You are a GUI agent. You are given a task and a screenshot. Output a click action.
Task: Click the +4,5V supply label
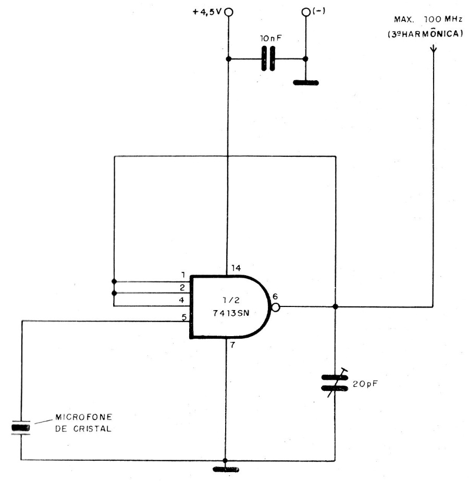coord(207,12)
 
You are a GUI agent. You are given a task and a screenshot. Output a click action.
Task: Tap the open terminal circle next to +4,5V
coord(229,12)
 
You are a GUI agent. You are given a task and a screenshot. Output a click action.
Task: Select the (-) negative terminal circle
coord(306,12)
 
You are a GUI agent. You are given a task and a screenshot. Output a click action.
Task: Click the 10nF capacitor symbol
coord(268,58)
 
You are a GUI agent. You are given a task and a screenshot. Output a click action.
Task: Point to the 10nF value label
coord(270,39)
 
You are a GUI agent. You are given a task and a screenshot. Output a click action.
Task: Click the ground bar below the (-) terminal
coord(306,82)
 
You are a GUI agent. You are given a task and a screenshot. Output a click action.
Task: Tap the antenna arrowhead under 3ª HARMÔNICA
coord(433,49)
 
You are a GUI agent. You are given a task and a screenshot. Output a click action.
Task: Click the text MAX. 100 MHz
coord(428,19)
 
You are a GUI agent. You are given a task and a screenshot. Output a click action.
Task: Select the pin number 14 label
coord(236,268)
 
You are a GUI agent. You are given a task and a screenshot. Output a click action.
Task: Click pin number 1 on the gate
coord(183,275)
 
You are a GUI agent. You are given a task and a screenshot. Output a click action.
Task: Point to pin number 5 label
coord(184,317)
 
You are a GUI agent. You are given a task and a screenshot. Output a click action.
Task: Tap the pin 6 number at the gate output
coord(275,297)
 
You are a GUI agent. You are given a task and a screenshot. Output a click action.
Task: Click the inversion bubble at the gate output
coord(276,307)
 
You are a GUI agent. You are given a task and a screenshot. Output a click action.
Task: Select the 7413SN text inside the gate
coord(231,313)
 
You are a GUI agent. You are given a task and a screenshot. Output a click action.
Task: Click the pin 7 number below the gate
coord(232,345)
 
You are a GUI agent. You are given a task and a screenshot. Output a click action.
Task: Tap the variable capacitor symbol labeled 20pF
coord(335,383)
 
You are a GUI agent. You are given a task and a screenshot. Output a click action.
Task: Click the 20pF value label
coord(365,384)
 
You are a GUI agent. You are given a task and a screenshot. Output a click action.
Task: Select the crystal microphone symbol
coord(21,427)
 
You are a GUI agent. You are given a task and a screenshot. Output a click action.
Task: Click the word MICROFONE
coord(84,417)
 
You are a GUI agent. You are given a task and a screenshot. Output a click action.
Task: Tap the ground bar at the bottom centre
coord(226,470)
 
